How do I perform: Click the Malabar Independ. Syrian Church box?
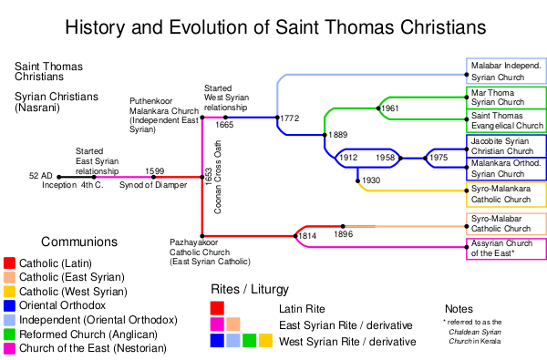click(507, 71)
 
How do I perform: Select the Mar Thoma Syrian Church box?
click(507, 98)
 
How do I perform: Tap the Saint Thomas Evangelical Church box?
click(507, 120)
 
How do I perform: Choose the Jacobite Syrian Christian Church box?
click(507, 146)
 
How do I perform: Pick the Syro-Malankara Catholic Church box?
click(507, 194)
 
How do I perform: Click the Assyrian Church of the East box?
click(507, 249)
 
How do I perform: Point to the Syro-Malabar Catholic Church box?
click(507, 223)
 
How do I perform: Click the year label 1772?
click(290, 118)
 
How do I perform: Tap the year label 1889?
click(337, 135)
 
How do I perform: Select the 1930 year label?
click(371, 180)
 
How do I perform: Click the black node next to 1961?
click(378, 108)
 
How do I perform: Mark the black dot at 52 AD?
click(59, 177)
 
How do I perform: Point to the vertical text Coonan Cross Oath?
click(218, 177)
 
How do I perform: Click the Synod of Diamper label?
click(153, 185)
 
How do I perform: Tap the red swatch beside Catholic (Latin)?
click(9, 263)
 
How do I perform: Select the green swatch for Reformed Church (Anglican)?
click(9, 334)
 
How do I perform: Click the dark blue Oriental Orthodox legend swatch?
click(9, 305)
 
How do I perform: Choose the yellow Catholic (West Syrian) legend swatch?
click(9, 292)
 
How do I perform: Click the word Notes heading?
click(459, 309)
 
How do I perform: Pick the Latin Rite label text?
click(302, 309)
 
